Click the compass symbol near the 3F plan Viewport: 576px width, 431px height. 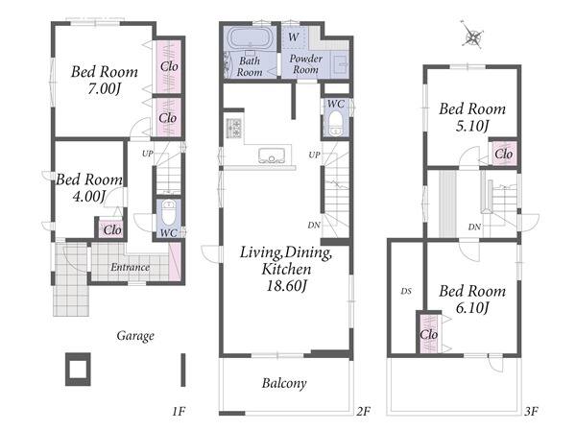point(473,36)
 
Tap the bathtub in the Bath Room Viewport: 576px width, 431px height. point(251,38)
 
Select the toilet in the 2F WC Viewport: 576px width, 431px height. point(335,123)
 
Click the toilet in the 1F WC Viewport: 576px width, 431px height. point(169,213)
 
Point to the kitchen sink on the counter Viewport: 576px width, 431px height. point(272,156)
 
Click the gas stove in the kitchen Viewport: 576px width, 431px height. point(233,129)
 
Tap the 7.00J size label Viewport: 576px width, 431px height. point(105,89)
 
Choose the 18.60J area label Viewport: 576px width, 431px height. point(286,286)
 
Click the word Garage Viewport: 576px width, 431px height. point(135,336)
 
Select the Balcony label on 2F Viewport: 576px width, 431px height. point(284,383)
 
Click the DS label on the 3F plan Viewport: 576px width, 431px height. point(406,292)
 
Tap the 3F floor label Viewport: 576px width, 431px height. point(531,411)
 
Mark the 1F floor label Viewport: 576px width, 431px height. point(179,411)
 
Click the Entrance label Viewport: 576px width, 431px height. point(130,267)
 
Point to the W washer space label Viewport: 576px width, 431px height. point(293,37)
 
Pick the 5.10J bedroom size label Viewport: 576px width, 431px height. point(472,127)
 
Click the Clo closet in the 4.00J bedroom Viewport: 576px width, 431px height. point(112,230)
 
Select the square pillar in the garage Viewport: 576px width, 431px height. point(78,369)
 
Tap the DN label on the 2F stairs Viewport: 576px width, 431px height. point(314,226)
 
